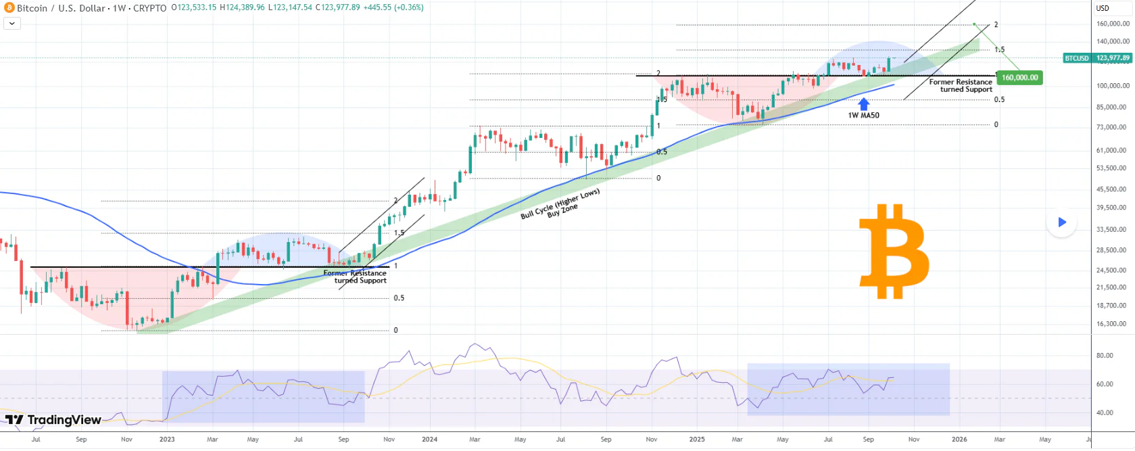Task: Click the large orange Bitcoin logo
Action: pyautogui.click(x=894, y=252)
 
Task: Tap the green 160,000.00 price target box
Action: pyautogui.click(x=1019, y=78)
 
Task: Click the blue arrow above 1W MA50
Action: pyautogui.click(x=863, y=104)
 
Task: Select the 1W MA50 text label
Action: pyautogui.click(x=863, y=116)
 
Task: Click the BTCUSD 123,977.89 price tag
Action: pyautogui.click(x=1097, y=58)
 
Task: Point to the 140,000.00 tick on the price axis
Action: pyautogui.click(x=1112, y=42)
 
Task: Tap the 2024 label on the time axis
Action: pyautogui.click(x=429, y=440)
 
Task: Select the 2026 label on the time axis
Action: pyautogui.click(x=959, y=440)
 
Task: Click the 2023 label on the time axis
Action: pyautogui.click(x=166, y=440)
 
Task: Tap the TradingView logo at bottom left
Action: pyautogui.click(x=53, y=420)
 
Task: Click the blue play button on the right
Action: pyautogui.click(x=1061, y=222)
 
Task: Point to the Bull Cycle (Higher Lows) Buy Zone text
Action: pyautogui.click(x=560, y=204)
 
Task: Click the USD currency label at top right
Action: pyautogui.click(x=1103, y=8)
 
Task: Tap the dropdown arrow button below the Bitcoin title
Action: pyautogui.click(x=12, y=23)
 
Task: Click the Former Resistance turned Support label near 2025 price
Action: pyautogui.click(x=961, y=86)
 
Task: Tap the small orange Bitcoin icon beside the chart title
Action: pyautogui.click(x=9, y=8)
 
